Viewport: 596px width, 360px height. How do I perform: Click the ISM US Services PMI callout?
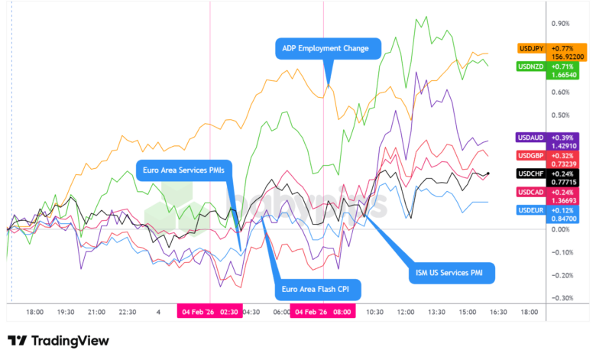(449, 271)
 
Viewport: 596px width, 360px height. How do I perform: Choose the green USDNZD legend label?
(531, 66)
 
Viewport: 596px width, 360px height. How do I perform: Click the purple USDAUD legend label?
(531, 137)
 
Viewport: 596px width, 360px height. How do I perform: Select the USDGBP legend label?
(531, 155)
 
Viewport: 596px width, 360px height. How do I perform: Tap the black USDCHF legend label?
(531, 174)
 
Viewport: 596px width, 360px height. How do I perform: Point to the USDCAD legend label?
(531, 192)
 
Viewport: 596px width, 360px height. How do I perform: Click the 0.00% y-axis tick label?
(562, 229)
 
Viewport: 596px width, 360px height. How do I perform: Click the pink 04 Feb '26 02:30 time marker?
(209, 312)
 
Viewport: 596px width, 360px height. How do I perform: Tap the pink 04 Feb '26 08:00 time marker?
(323, 312)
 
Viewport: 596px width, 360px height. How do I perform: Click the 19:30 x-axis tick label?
(65, 312)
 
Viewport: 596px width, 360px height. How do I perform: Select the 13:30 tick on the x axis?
(436, 312)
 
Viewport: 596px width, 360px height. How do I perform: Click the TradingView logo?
(58, 341)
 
